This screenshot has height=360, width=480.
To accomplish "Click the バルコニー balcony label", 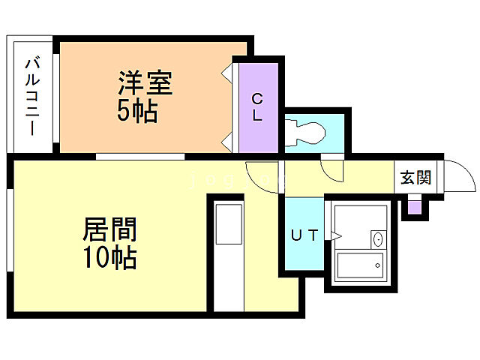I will coord(32,97).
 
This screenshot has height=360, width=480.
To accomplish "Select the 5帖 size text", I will coord(136,112).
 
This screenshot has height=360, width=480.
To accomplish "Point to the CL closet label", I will coord(256,106).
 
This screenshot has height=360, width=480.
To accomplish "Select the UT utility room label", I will coord(304,235).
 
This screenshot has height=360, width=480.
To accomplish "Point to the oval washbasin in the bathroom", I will coord(376,239).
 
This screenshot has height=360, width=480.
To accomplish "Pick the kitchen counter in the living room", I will coord(226,255).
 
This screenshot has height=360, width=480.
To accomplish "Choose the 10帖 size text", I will coord(109,258).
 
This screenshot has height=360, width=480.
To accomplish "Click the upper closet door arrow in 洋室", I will coord(226,73).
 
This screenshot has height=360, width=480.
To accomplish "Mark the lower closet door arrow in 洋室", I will coord(226,139).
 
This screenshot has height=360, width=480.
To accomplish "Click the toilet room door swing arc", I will coord(331,172).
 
